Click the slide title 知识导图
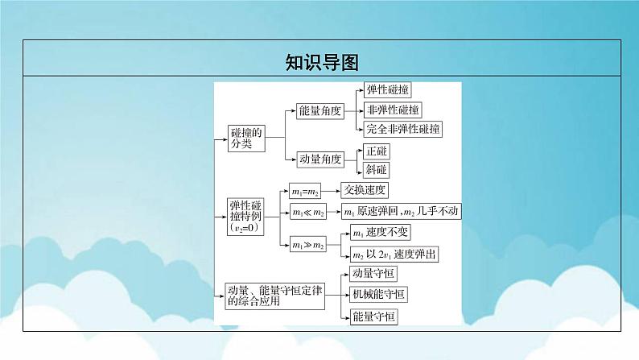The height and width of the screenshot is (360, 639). [x=319, y=60]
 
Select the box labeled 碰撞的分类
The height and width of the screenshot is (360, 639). [x=241, y=139]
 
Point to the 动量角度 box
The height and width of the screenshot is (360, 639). [x=319, y=159]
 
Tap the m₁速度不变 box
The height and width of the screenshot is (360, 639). [x=382, y=234]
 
